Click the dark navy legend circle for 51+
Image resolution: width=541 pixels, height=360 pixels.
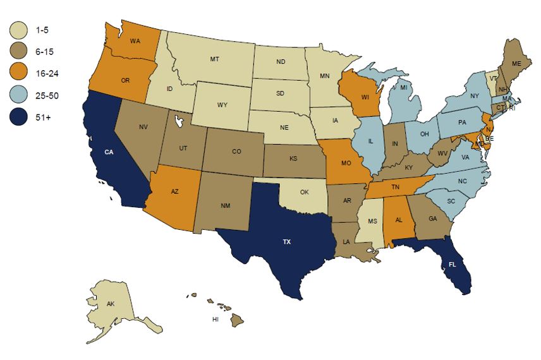(x=20, y=117)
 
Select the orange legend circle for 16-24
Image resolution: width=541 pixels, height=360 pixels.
(x=20, y=73)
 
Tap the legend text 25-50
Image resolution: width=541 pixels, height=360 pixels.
(x=49, y=95)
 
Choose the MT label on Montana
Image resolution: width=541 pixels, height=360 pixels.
(x=214, y=59)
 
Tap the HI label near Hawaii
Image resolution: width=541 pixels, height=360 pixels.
(x=216, y=320)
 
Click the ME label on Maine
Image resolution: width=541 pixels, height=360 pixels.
(x=516, y=64)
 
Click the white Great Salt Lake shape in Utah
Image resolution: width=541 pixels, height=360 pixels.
(x=177, y=120)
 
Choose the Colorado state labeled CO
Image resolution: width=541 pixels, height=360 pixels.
(x=236, y=152)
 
